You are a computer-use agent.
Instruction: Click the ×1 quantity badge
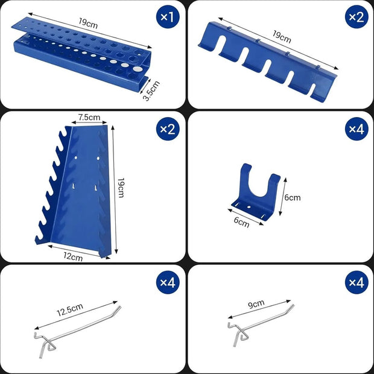click(169, 17)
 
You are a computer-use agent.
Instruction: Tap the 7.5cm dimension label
click(89, 117)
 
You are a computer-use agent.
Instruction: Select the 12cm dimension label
click(73, 257)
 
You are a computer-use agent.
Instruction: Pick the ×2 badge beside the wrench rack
click(169, 128)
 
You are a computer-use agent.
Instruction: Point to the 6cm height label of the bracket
click(292, 197)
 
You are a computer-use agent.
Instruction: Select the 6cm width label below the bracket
click(241, 223)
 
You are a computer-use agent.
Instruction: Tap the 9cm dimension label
click(256, 303)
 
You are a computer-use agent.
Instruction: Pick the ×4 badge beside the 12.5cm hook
click(169, 282)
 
